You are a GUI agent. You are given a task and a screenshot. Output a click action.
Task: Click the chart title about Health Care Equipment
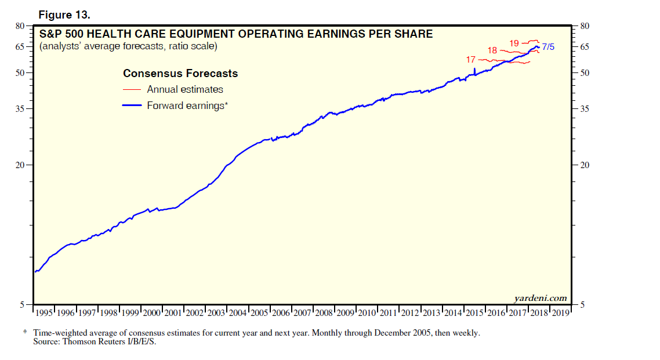click(x=235, y=34)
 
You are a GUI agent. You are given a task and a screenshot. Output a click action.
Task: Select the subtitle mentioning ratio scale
click(x=128, y=46)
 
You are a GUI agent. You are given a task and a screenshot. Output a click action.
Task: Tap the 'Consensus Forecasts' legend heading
click(x=180, y=74)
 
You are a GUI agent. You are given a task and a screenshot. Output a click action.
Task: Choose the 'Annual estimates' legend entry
click(x=185, y=89)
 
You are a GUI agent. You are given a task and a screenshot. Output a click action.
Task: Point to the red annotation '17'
click(x=470, y=60)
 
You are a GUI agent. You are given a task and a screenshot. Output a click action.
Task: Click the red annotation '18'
click(x=492, y=51)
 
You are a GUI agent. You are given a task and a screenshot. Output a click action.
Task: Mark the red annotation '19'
click(x=514, y=43)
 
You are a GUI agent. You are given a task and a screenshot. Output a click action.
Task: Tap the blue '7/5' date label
click(x=548, y=47)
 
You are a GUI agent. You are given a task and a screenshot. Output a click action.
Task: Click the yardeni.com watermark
click(x=541, y=298)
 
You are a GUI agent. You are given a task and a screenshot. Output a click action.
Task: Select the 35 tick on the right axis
click(x=585, y=109)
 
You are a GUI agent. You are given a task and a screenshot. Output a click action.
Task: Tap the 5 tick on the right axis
click(x=582, y=304)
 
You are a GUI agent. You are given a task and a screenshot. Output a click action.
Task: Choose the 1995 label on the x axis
click(x=44, y=313)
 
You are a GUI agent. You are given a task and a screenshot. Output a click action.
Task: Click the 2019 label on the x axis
click(x=560, y=313)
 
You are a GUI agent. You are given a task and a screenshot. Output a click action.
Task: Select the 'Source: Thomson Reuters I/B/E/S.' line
click(x=95, y=341)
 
